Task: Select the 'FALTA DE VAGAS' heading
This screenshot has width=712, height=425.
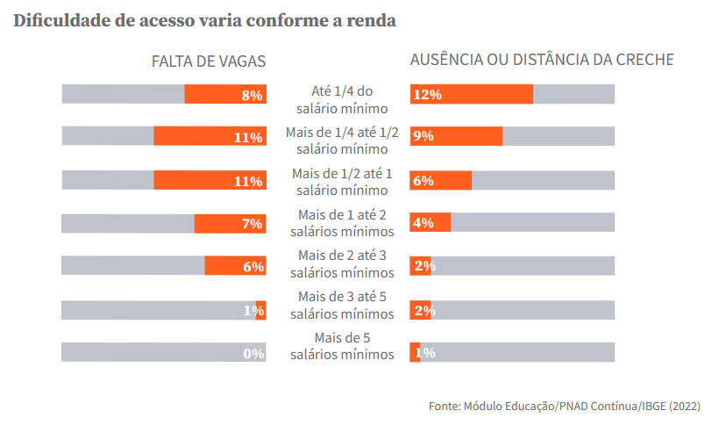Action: point(209,61)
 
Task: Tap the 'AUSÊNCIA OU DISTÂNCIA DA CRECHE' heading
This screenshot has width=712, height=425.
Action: point(542,61)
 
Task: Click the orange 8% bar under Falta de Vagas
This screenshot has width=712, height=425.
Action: point(224,95)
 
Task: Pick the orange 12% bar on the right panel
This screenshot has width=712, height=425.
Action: point(472,95)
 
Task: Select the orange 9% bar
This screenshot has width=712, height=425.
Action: point(456,137)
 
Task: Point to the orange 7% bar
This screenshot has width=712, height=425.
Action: point(230,224)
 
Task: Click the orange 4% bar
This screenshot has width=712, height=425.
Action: point(431,223)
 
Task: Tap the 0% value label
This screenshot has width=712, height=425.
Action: point(253,353)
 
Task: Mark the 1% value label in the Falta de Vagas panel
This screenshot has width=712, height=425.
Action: point(253,310)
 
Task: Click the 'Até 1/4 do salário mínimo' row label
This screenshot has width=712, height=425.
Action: point(342,100)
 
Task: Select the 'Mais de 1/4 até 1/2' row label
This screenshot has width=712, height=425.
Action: point(342,141)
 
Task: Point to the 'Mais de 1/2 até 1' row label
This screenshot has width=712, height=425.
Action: point(342,182)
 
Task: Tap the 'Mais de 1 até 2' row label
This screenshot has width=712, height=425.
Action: point(342,223)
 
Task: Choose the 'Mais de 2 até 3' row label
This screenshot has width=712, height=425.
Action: point(342,264)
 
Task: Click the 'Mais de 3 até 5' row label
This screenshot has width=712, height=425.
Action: point(342,305)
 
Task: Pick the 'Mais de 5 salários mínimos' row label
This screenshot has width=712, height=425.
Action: point(342,346)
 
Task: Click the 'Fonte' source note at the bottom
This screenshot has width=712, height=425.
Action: point(563,407)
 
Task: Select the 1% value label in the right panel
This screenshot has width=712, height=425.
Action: point(425,353)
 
